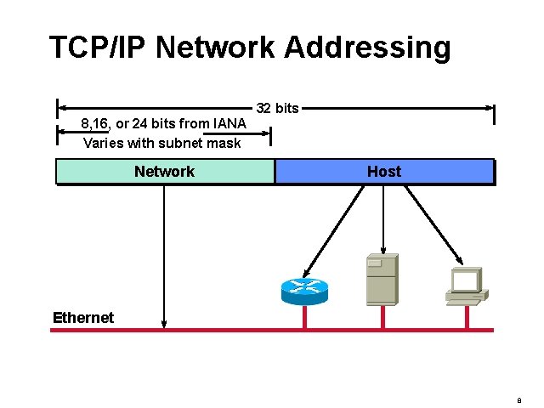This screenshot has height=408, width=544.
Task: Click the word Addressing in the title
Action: pos(367,48)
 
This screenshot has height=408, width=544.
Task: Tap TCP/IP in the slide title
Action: pos(99,48)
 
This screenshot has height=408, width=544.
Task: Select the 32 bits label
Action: pos(277,108)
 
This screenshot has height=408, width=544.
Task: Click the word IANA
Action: pos(227,124)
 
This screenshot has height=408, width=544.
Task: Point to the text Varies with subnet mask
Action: pos(161,143)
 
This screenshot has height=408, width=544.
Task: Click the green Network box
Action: pos(165,172)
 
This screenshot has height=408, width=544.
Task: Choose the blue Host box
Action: pos(384,172)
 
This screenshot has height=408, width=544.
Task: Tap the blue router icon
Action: pos(303,290)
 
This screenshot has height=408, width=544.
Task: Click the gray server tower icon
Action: pos(381,279)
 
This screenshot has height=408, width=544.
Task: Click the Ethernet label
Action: pos(82,318)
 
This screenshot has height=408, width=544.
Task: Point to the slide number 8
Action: pos(519,397)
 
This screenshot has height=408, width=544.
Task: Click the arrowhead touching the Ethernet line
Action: pos(164,324)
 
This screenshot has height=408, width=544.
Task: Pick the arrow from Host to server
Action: pos(383,219)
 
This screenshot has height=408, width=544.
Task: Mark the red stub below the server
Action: pos(383,317)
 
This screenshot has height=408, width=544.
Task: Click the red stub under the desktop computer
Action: pos(466,316)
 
